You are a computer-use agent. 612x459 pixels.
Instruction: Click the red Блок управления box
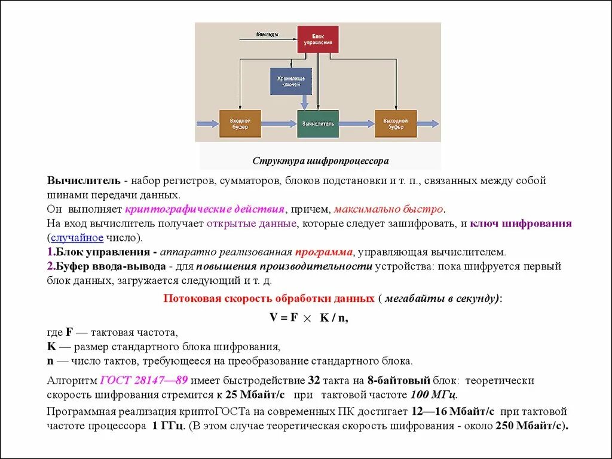[317, 39]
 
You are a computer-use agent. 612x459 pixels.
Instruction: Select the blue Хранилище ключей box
[290, 81]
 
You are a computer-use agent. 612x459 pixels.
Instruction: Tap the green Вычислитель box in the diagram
[317, 124]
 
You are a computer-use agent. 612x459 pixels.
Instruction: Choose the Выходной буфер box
[395, 124]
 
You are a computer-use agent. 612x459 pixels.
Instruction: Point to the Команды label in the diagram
[267, 34]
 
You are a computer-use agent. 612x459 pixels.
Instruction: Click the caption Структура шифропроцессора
[320, 161]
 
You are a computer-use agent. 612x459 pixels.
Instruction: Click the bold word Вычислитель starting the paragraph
[84, 180]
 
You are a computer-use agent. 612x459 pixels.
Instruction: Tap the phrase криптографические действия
[204, 209]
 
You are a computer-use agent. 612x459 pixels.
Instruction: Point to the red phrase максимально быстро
[388, 209]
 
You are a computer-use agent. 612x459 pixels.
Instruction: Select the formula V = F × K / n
[308, 318]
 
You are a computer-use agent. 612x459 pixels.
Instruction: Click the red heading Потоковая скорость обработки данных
[268, 298]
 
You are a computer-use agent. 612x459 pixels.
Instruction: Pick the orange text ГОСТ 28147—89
[144, 380]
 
